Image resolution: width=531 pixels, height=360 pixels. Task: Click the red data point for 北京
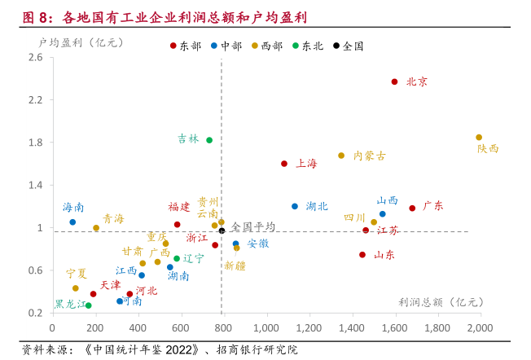(395, 81)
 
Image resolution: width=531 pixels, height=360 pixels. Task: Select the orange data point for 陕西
(479, 138)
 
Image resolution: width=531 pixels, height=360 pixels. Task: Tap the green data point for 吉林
(209, 140)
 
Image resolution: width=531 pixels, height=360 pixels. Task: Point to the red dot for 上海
(284, 164)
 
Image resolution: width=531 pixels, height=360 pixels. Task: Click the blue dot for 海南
(72, 222)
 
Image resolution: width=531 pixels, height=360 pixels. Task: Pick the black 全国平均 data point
(222, 230)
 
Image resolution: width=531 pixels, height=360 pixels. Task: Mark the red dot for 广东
(412, 208)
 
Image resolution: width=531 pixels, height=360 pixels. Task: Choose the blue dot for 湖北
(295, 206)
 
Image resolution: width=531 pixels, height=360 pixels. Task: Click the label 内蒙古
(370, 156)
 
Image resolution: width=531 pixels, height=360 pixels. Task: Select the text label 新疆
(235, 266)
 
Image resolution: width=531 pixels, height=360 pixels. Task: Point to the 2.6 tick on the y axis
(35, 57)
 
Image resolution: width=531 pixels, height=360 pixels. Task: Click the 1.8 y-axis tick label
(35, 143)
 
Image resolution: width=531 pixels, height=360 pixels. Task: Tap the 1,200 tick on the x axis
(309, 327)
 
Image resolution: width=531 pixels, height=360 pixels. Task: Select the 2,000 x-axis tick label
(481, 327)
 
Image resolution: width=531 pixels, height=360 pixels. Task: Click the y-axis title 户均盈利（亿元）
(81, 41)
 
